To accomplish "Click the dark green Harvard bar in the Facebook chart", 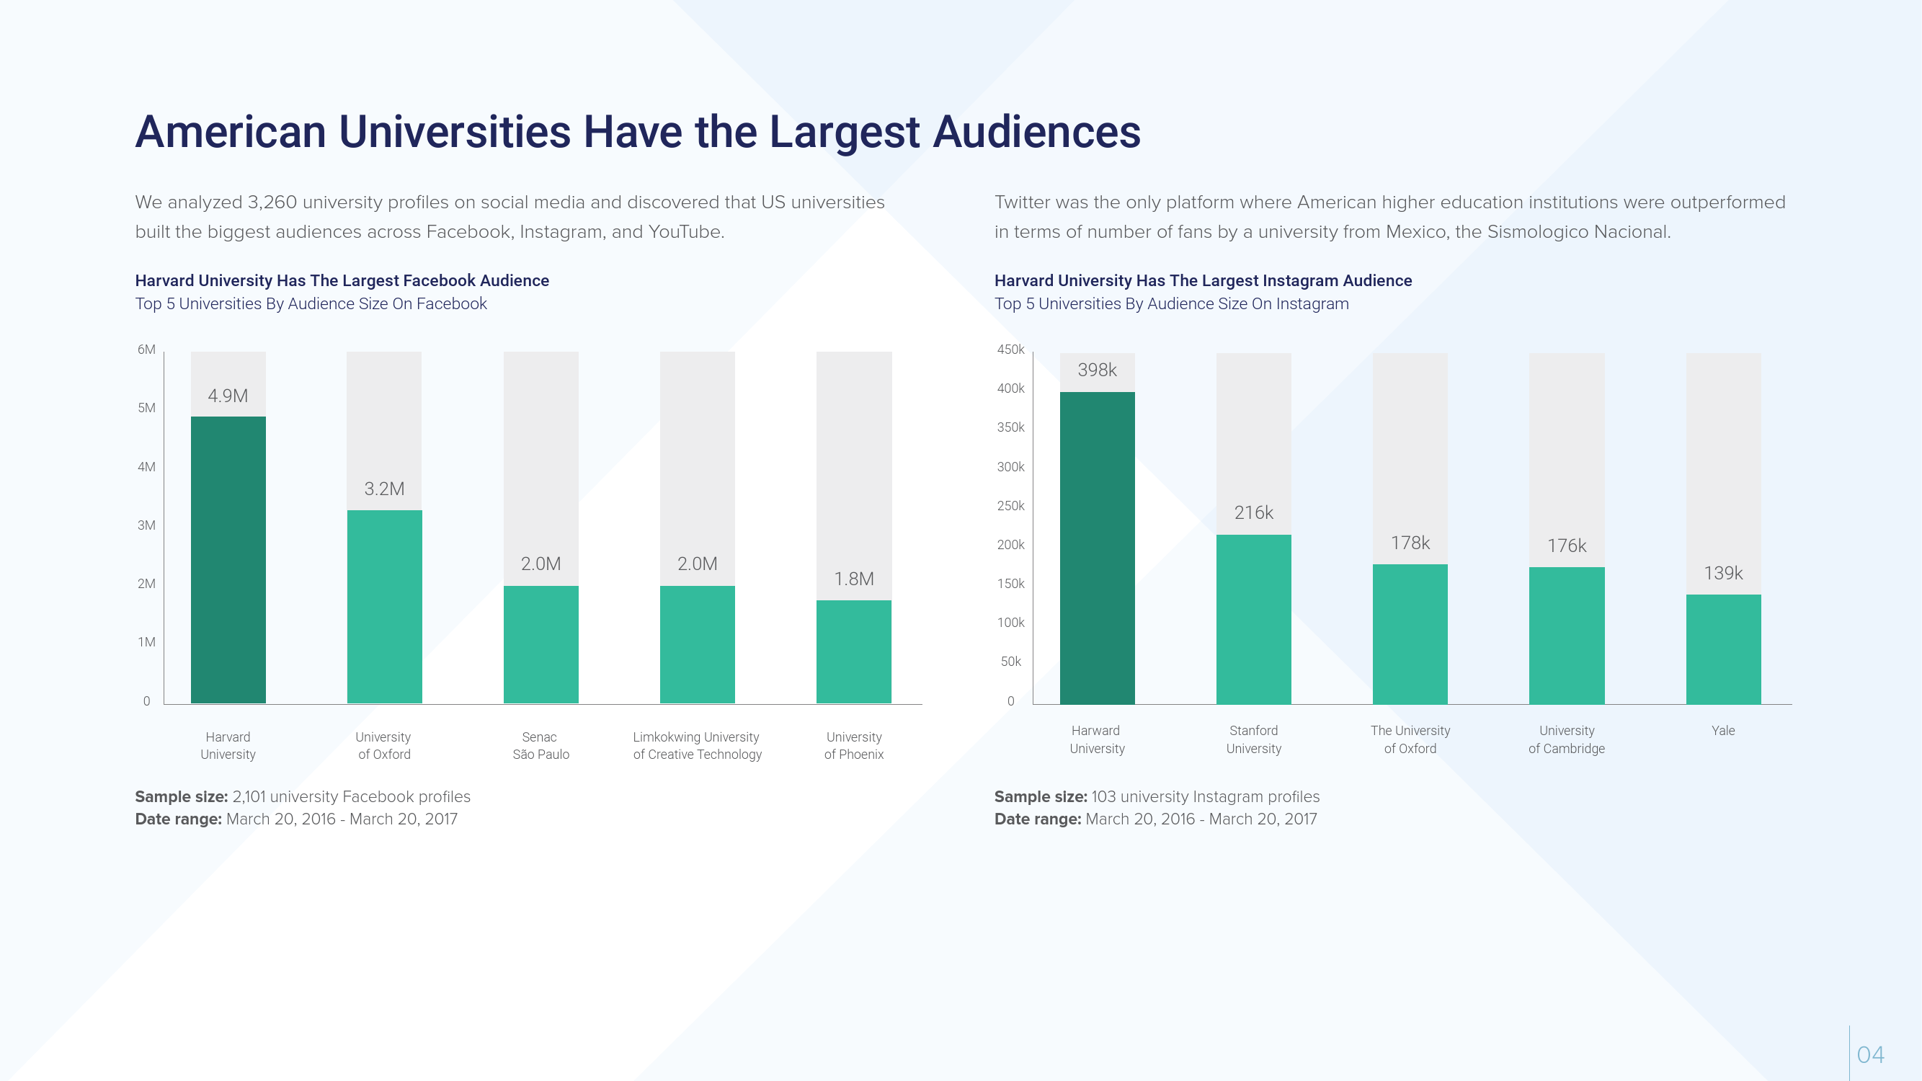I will tap(228, 559).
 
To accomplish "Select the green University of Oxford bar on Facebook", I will tap(384, 607).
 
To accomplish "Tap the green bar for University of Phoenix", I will tap(853, 651).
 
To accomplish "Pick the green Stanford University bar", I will tap(1253, 619).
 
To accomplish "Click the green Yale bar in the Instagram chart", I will tap(1723, 649).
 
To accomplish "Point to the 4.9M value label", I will tap(228, 396).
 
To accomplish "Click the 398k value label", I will tap(1097, 370).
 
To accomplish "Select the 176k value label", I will tap(1566, 546).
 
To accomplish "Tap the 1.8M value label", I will tap(853, 579).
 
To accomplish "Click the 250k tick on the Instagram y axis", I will tap(1011, 506).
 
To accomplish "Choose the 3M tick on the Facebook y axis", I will tap(146, 525).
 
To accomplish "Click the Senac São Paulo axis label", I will tap(540, 746).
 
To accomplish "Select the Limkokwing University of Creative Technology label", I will tap(697, 746).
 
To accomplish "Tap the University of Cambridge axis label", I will tap(1566, 739).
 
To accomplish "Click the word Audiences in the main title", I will tap(1036, 132).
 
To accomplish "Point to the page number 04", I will tap(1870, 1055).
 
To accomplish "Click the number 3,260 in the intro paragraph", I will tap(272, 203).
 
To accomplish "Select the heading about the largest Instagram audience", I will tap(1203, 280).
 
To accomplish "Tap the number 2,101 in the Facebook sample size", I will tap(249, 797).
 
